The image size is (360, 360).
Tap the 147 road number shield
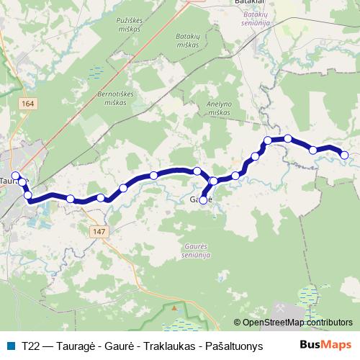point(99,231)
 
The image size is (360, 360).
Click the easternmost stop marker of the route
point(344,155)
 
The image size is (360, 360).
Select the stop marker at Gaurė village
point(203,200)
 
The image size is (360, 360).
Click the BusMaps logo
point(330,345)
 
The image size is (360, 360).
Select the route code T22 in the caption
point(31,346)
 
